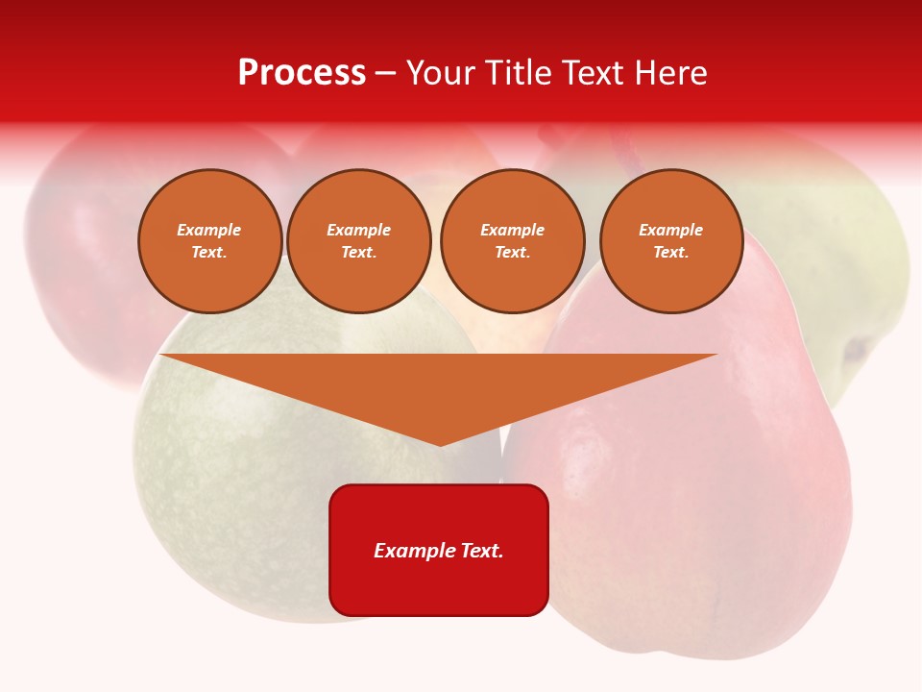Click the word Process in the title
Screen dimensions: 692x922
(x=302, y=72)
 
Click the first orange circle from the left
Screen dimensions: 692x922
(x=209, y=241)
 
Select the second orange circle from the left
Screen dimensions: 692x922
(x=358, y=241)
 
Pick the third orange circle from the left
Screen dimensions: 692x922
(x=512, y=241)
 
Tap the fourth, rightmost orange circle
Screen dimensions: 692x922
(x=670, y=241)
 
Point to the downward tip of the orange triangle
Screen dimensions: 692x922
(x=440, y=443)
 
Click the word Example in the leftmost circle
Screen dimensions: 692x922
(x=209, y=230)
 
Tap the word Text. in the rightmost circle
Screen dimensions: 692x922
(x=670, y=253)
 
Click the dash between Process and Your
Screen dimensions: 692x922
(x=386, y=73)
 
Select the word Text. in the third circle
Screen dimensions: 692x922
(x=512, y=253)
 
